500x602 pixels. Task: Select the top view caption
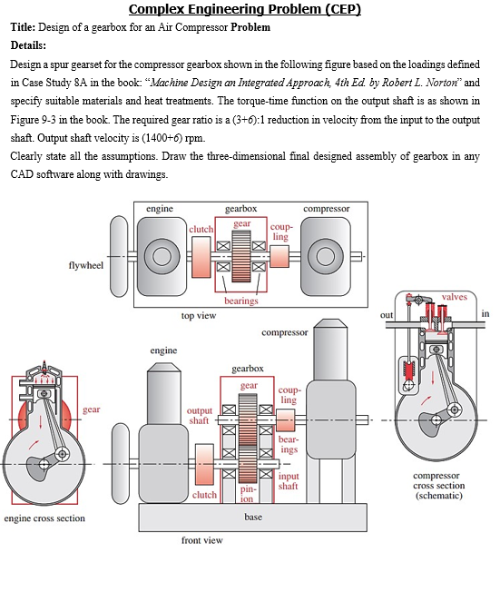point(199,315)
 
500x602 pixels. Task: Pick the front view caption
point(201,540)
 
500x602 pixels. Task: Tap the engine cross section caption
point(44,518)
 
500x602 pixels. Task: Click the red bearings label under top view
point(241,301)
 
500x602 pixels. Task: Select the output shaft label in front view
point(199,415)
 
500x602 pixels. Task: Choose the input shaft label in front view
point(289,481)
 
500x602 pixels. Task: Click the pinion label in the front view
point(249,492)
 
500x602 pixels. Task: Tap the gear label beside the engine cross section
point(92,410)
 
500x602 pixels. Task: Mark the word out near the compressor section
point(386,314)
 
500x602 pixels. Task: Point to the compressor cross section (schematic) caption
point(438,486)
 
